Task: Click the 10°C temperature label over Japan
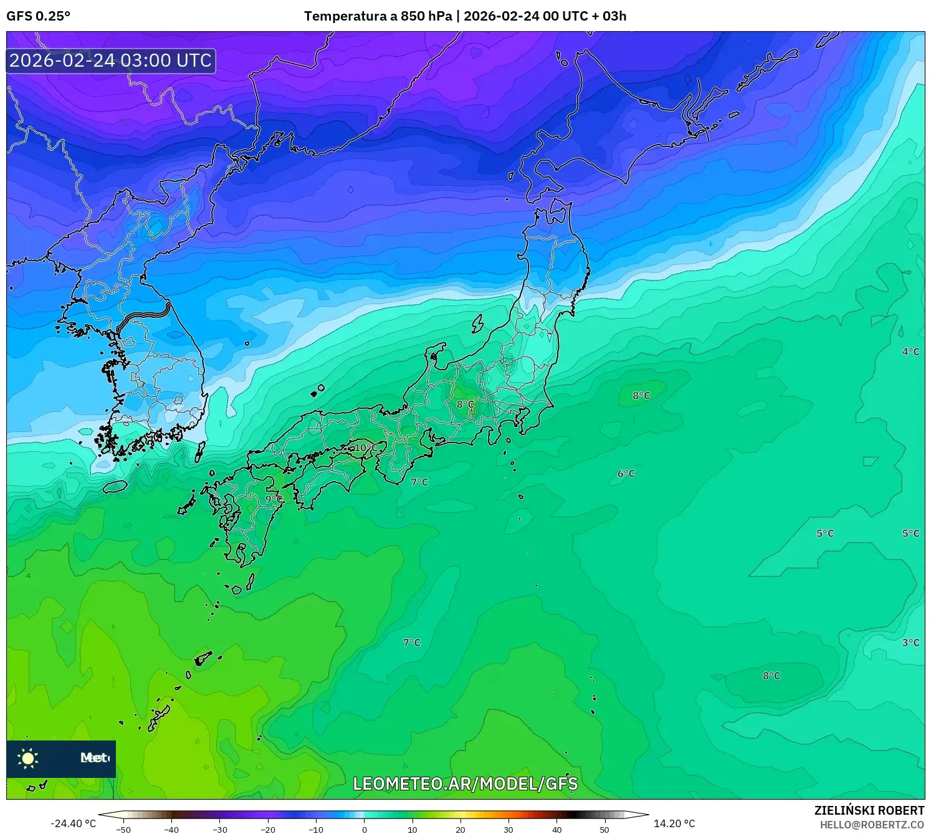pos(366,448)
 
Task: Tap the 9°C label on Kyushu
pos(273,499)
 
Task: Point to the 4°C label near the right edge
pos(910,352)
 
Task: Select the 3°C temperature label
pos(910,642)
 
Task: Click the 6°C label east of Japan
pos(626,474)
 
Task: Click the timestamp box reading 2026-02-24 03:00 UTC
pos(111,60)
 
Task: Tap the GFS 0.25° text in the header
pos(39,16)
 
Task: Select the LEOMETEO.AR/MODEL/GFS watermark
pos(465,784)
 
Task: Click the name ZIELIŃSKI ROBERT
pos(869,810)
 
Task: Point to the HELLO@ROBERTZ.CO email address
pos(871,825)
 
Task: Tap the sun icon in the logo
pos(28,758)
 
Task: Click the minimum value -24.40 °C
pos(73,823)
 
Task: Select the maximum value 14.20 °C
pos(674,823)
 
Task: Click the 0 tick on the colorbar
pos(365,830)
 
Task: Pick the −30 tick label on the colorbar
pos(219,830)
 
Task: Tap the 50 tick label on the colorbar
pos(604,830)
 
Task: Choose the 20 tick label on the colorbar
pos(461,830)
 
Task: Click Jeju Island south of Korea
pos(115,486)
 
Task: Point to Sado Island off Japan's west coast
pos(477,324)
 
